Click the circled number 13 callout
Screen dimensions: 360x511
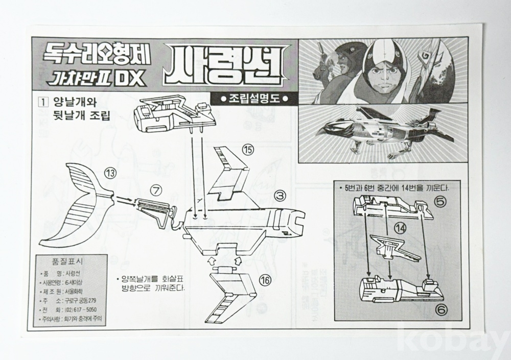(110, 173)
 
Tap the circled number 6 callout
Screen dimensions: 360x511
(442, 308)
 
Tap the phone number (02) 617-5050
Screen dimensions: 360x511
(81, 309)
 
